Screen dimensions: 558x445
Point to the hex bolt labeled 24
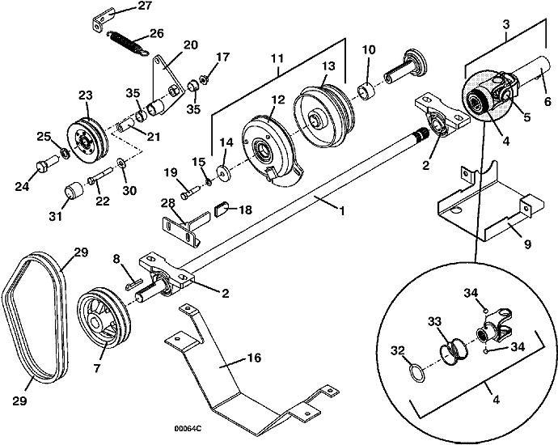pos(46,163)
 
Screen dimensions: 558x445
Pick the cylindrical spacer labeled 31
pos(74,192)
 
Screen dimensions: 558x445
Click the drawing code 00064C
pos(188,428)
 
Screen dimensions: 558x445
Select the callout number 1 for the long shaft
pos(341,211)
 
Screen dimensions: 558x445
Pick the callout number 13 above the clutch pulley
pos(328,66)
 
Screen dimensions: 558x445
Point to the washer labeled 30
pos(122,163)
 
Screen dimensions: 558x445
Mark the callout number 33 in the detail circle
pos(434,321)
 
